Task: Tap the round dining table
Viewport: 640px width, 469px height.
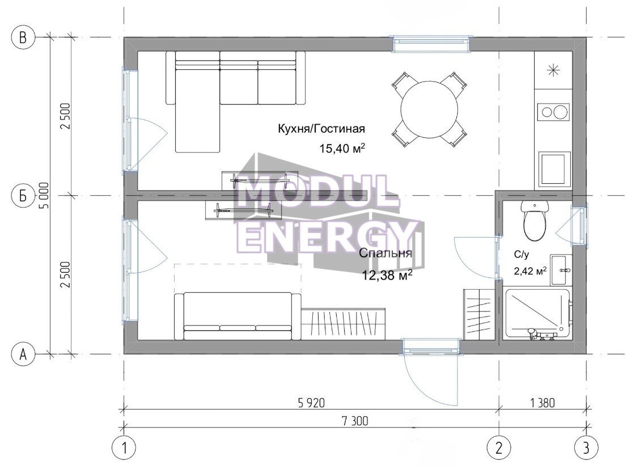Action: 429,109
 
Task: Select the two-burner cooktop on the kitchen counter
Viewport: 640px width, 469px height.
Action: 553,111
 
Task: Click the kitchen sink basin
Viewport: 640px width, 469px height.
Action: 554,168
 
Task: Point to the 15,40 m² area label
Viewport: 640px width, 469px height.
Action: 342,148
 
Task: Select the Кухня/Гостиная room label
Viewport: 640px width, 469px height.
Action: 321,129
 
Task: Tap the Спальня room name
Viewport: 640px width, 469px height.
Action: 385,253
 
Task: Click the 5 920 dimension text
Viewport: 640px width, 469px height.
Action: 311,403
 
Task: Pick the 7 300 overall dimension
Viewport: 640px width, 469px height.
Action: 354,420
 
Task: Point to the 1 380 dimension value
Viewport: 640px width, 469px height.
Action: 542,403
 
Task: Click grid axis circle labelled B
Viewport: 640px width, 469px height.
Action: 23,37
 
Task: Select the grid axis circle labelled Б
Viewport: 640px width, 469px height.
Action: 23,196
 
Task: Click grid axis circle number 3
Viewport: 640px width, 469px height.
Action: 586,448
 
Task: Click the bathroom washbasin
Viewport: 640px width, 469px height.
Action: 561,270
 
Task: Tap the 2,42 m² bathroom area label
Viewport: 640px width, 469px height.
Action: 530,271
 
